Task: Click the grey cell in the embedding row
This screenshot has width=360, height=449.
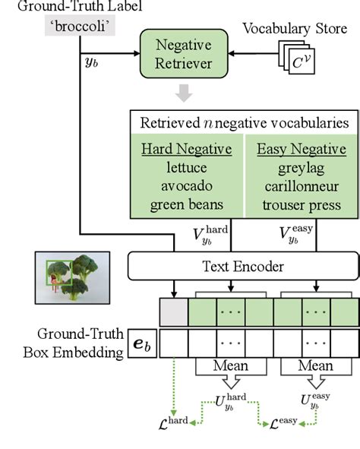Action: tap(174, 312)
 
